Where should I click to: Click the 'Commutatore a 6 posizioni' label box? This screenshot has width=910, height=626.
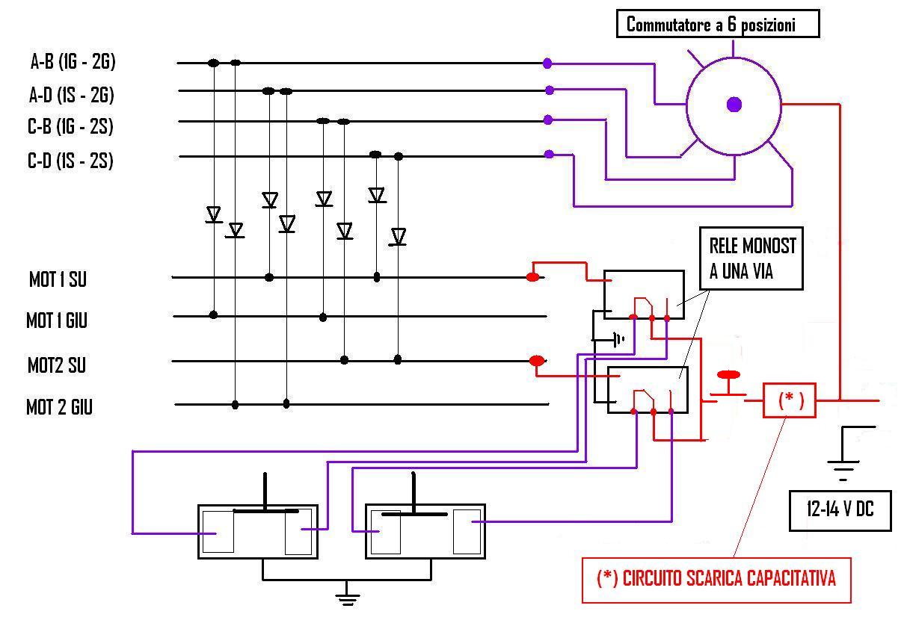tap(718, 24)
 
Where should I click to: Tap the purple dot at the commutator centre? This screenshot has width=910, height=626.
tap(734, 105)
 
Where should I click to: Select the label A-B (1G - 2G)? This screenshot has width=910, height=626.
tap(73, 61)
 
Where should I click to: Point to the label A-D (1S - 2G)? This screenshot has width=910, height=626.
tap(72, 95)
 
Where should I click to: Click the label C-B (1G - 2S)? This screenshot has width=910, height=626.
tap(70, 126)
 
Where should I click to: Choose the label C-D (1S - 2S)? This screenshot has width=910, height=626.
tap(70, 161)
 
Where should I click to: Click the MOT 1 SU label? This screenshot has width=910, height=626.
tap(58, 279)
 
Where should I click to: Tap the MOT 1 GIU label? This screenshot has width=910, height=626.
tap(57, 320)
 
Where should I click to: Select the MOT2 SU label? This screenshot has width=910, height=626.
tap(57, 365)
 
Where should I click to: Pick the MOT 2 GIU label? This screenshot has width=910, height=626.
tap(59, 407)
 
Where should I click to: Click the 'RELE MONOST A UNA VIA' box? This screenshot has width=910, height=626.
tap(751, 258)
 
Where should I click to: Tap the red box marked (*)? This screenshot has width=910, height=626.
tap(790, 400)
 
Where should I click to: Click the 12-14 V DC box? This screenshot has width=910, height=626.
tap(840, 511)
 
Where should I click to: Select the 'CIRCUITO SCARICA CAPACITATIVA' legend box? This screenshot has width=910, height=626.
tap(716, 580)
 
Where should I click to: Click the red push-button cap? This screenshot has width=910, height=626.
tap(728, 375)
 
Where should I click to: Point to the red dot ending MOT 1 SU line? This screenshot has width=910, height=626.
tap(532, 277)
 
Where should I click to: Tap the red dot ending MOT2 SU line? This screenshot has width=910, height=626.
tap(537, 361)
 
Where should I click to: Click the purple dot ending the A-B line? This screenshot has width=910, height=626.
tap(547, 63)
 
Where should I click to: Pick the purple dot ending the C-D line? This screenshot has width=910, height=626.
tap(549, 155)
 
